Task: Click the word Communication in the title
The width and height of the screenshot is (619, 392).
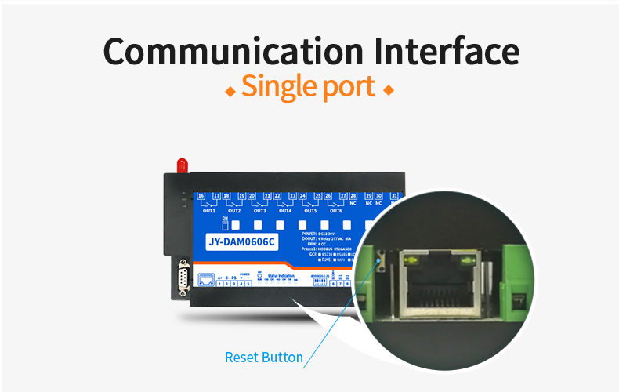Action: pyautogui.click(x=232, y=51)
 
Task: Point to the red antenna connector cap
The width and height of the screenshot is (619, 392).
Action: pyautogui.click(x=182, y=165)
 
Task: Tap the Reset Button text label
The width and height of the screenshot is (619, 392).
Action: pyautogui.click(x=263, y=358)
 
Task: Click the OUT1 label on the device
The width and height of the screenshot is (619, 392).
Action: pyautogui.click(x=208, y=211)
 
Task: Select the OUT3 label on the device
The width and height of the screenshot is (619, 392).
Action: pyautogui.click(x=259, y=211)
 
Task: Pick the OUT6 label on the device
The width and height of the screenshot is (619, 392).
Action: pyautogui.click(x=335, y=211)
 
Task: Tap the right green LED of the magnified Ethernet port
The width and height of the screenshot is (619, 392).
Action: pyautogui.click(x=467, y=257)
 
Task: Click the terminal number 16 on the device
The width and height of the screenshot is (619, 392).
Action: pyautogui.click(x=201, y=195)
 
